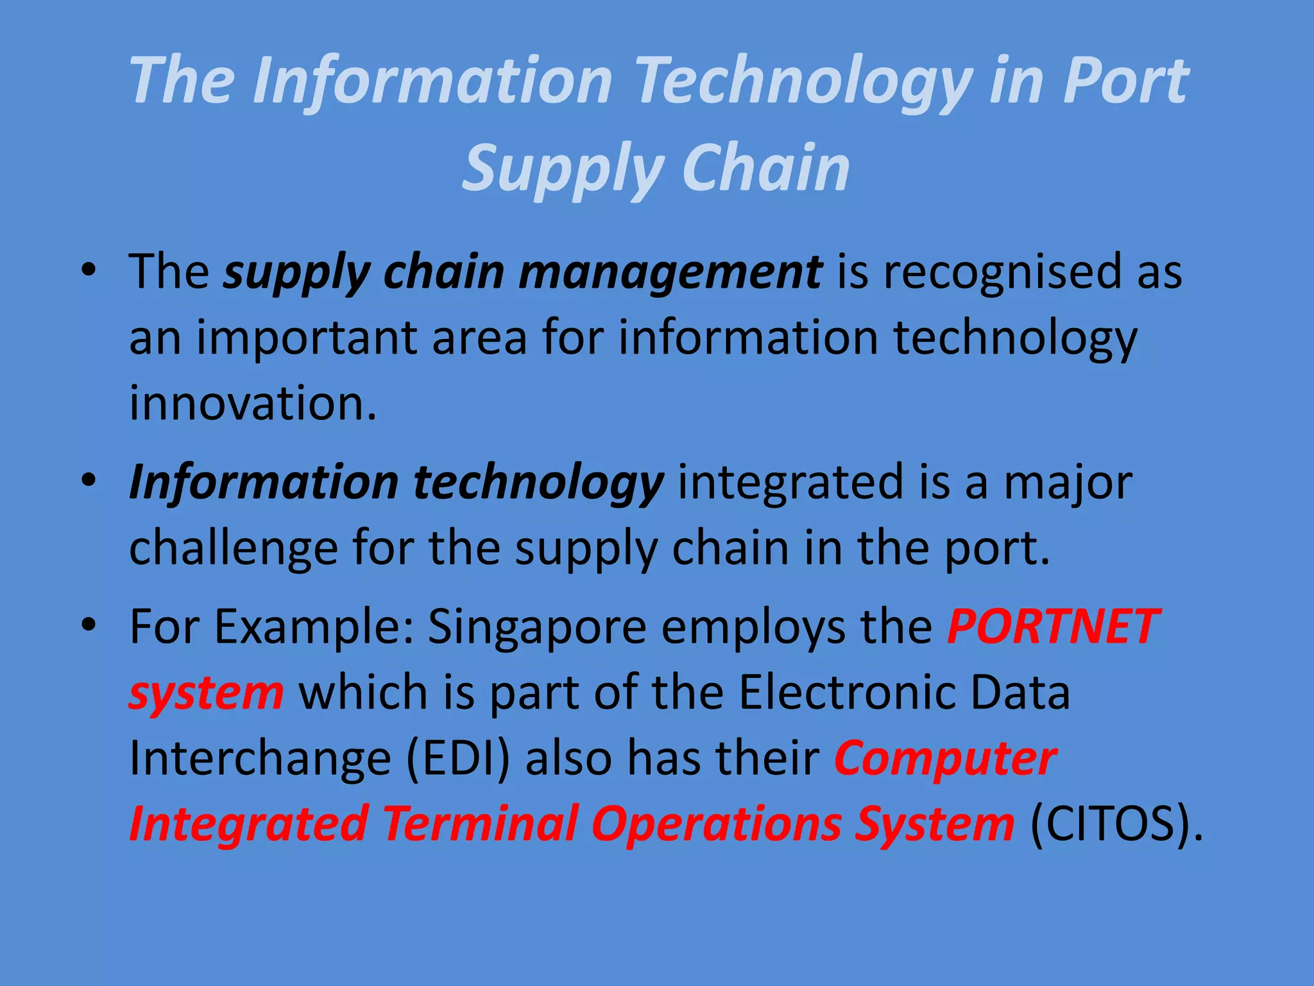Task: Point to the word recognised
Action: [x=1000, y=272]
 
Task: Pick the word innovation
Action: [x=253, y=404]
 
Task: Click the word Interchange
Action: [x=260, y=758]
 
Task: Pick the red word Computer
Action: [x=945, y=758]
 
